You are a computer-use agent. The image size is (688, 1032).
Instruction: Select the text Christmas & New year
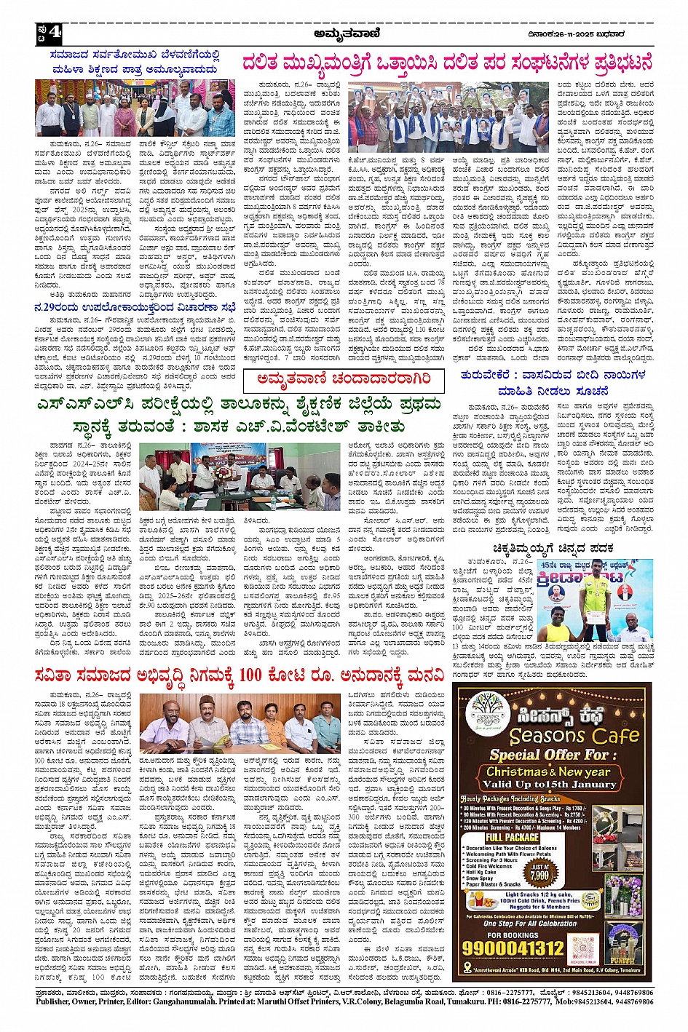[548, 771]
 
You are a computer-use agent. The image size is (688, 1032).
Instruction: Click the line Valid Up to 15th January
[548, 784]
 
